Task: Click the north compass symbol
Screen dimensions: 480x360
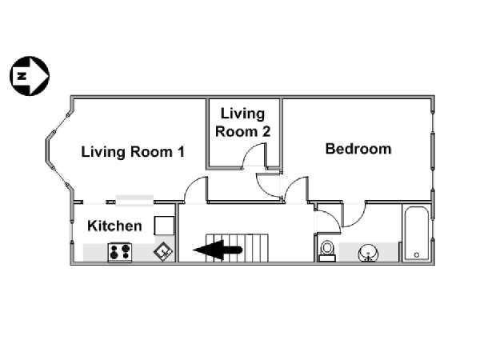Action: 30,76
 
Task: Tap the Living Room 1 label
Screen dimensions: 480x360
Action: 133,152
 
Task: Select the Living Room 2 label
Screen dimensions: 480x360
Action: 242,122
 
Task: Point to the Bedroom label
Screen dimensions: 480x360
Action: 358,149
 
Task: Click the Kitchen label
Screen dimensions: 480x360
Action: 114,226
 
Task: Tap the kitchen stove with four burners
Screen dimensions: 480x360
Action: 120,252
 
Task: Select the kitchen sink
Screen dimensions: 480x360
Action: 163,252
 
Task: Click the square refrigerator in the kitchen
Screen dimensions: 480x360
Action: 164,226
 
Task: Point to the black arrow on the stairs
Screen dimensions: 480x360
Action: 218,250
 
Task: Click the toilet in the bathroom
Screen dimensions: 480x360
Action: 327,251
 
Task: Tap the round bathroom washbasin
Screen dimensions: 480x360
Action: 368,253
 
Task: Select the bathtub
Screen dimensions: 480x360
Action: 416,234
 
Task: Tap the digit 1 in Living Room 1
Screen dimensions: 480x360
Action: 182,151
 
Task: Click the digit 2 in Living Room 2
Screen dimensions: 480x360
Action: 266,132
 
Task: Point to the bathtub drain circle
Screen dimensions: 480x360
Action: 417,254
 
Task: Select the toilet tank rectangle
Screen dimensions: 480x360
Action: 327,258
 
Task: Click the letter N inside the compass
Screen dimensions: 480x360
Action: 22,76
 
